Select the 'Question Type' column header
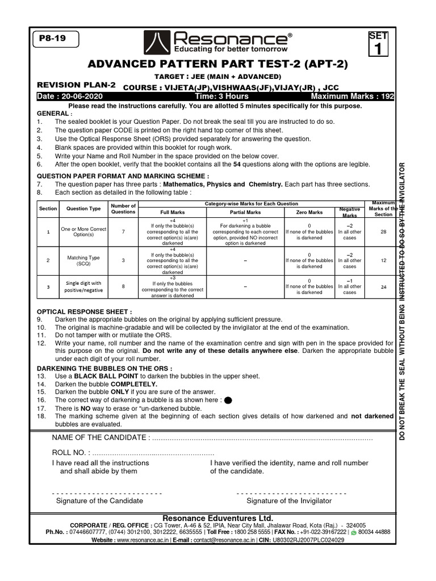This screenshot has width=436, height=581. click(x=83, y=209)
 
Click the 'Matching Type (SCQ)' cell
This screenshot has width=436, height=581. click(x=83, y=261)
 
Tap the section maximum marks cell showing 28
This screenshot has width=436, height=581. click(x=383, y=231)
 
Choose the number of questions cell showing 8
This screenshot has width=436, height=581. click(x=123, y=287)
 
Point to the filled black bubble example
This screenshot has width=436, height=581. click(x=228, y=400)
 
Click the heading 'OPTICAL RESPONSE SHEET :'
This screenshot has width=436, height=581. click(x=85, y=312)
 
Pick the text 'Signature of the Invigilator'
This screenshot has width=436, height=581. click(x=289, y=501)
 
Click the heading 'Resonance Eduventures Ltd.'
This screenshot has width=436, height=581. click(x=217, y=518)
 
